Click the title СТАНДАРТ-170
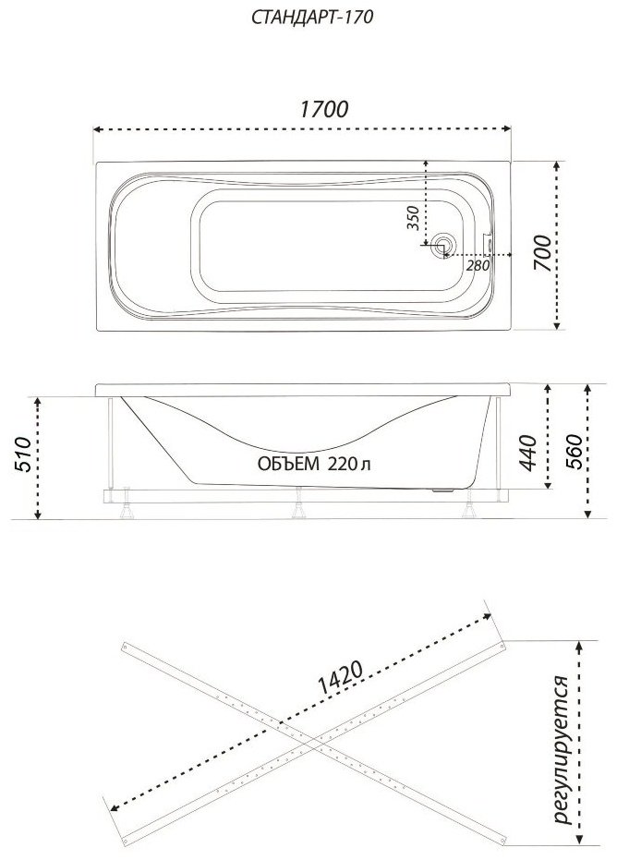(x=312, y=18)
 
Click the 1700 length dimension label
(x=323, y=109)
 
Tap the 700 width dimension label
(x=542, y=252)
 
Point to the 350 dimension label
(x=414, y=218)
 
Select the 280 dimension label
(x=478, y=265)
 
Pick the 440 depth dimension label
(x=528, y=453)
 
